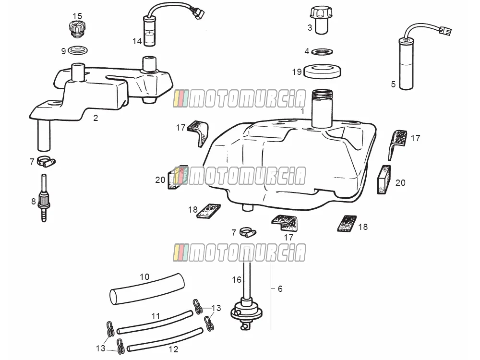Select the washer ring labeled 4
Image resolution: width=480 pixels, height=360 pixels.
[x=323, y=52]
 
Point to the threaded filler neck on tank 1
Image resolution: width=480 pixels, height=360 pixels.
[x=322, y=108]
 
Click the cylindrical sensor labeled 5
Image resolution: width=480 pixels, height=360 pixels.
[x=406, y=64]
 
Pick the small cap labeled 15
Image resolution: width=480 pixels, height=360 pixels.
[x=77, y=29]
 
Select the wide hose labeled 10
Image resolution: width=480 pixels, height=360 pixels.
[x=147, y=289]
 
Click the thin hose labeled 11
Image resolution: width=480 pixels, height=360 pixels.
[x=155, y=323]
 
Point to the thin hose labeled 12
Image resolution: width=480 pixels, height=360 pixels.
[x=165, y=340]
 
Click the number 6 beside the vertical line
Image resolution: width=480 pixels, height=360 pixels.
[x=280, y=288]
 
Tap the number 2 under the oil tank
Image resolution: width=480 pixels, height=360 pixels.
[x=96, y=118]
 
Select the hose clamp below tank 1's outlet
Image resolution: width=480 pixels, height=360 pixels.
[x=248, y=232]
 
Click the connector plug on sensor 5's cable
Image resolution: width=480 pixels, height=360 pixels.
[x=445, y=31]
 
